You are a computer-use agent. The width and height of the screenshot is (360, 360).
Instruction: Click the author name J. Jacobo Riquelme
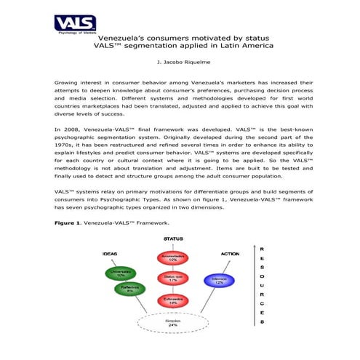179,64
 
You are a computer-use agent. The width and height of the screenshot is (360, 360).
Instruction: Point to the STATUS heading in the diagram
173,238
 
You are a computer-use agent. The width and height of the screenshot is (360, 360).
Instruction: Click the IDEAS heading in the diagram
110,254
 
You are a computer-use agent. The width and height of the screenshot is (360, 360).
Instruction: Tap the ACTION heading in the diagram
229,254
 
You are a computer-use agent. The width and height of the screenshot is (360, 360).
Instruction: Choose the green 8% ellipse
130,289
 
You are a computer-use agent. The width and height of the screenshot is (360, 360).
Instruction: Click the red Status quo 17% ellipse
173,279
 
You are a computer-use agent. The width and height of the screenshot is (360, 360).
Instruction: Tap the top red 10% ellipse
173,257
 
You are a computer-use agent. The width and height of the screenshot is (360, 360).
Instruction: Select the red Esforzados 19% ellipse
173,300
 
